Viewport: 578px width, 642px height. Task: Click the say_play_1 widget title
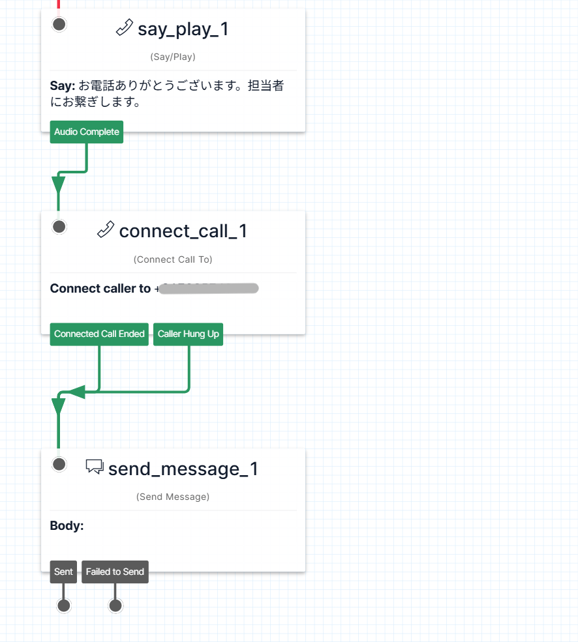[183, 29]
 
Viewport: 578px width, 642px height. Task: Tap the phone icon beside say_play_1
[124, 28]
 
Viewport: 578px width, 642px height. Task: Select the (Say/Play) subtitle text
[173, 57]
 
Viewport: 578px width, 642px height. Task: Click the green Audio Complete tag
[87, 132]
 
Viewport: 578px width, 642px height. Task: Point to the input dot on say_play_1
[59, 25]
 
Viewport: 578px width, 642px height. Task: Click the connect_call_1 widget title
[183, 231]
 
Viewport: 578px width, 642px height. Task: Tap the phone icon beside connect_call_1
[106, 230]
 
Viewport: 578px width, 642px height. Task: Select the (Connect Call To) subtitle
[173, 259]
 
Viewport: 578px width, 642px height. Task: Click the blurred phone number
[209, 289]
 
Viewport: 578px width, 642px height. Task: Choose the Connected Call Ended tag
[99, 334]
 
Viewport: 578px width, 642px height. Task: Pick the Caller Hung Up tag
[189, 334]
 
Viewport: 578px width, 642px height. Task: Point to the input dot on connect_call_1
[59, 227]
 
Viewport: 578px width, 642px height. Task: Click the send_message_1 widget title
[183, 469]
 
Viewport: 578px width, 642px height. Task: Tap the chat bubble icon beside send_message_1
[95, 467]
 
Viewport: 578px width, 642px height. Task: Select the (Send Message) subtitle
[173, 497]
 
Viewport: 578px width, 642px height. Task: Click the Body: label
[67, 526]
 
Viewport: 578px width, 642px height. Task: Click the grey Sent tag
[63, 572]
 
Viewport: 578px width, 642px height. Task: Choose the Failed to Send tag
[115, 572]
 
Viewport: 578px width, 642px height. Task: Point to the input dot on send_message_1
[59, 464]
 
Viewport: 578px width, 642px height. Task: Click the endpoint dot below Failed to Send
[115, 606]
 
